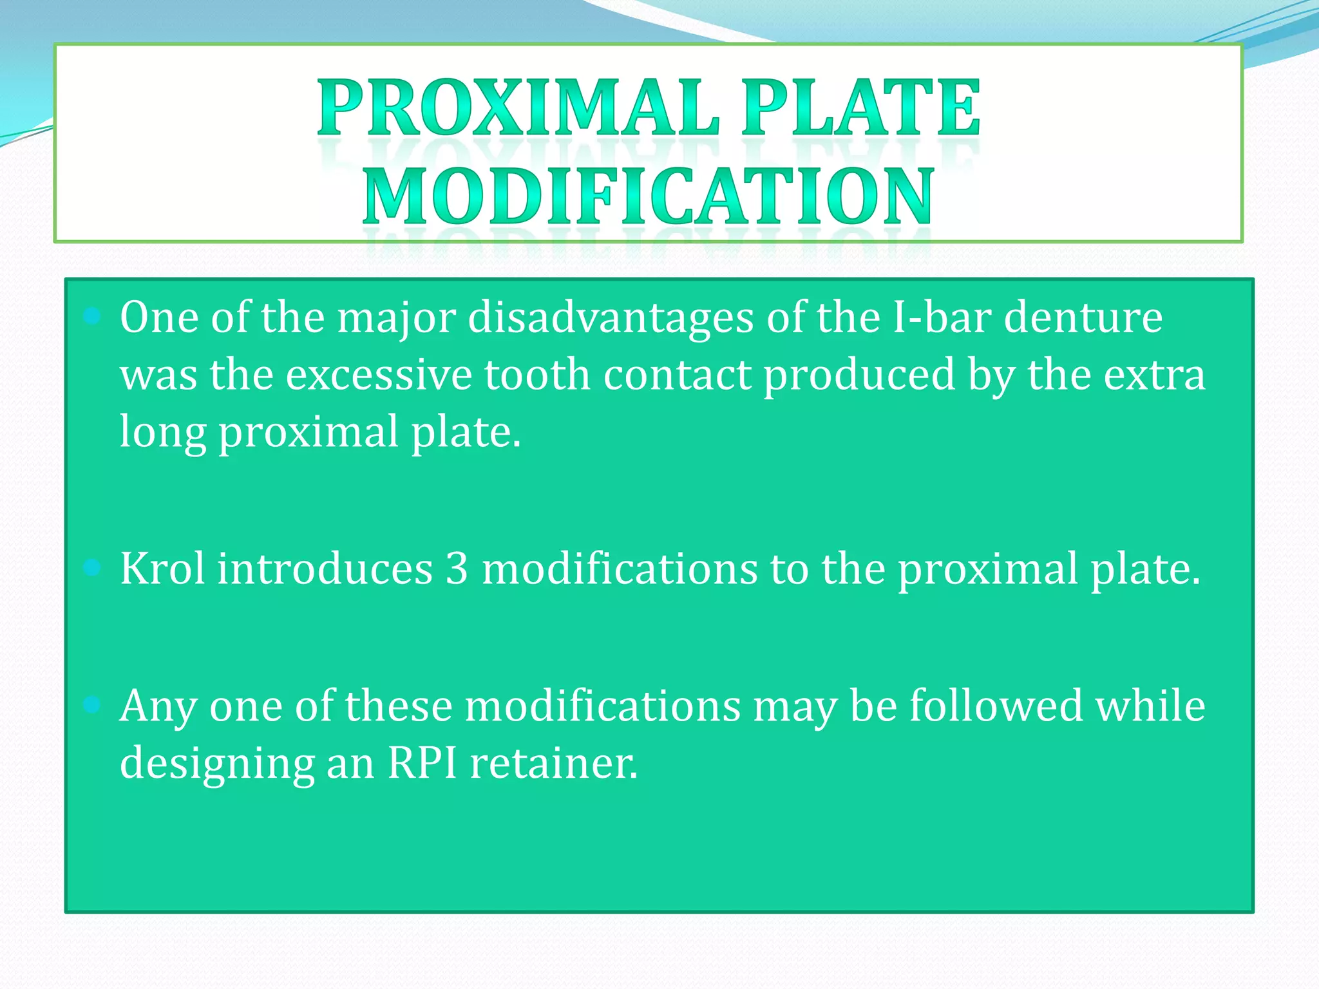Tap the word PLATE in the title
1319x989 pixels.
pyautogui.click(x=860, y=108)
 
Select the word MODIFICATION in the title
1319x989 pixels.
pyautogui.click(x=648, y=196)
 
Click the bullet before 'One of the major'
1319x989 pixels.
pyautogui.click(x=92, y=316)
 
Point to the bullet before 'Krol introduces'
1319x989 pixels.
pyautogui.click(x=92, y=567)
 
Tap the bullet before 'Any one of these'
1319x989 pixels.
pyautogui.click(x=92, y=705)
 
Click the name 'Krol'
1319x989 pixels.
pyautogui.click(x=162, y=569)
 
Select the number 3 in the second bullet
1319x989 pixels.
pyautogui.click(x=457, y=569)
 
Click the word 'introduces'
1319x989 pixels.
pyautogui.click(x=325, y=569)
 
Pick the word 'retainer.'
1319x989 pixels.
pyautogui.click(x=554, y=764)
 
